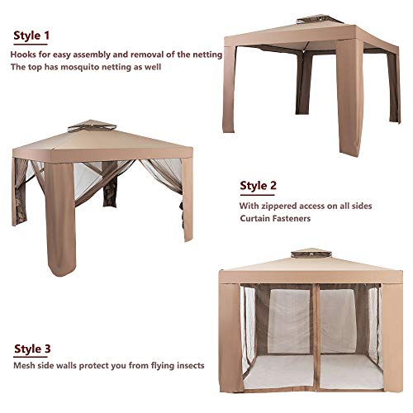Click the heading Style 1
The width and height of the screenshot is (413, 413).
click(x=31, y=36)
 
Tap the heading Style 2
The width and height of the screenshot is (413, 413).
click(x=258, y=186)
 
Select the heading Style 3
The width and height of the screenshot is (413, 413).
click(x=32, y=349)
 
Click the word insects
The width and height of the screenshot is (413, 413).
click(x=190, y=365)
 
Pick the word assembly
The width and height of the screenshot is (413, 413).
click(x=90, y=55)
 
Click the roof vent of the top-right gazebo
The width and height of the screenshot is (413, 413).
click(x=320, y=20)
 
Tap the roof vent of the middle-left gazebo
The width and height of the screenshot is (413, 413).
click(x=92, y=126)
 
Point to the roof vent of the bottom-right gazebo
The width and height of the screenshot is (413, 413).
click(x=311, y=254)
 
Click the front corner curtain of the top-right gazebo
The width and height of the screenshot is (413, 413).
click(x=349, y=97)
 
